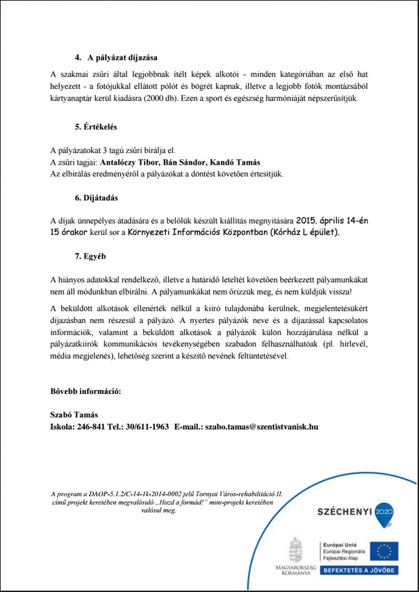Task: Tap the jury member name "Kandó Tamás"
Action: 232,162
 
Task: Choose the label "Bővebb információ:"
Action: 86,392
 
